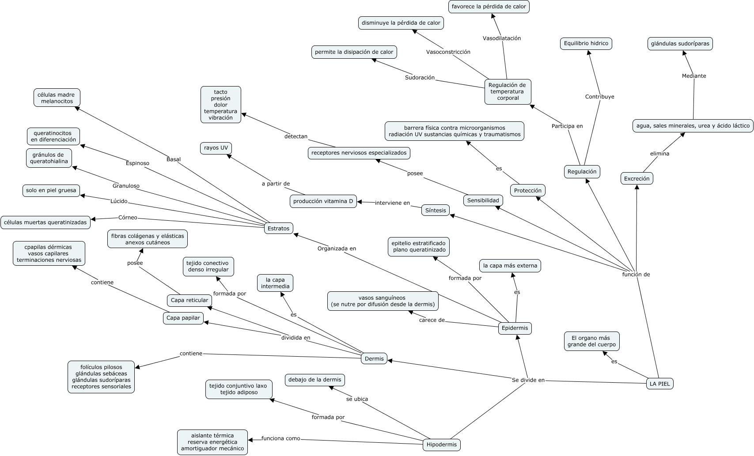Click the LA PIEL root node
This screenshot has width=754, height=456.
[x=659, y=384]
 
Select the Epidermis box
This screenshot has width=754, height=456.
[x=515, y=328]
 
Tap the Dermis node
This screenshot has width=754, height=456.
[x=374, y=359]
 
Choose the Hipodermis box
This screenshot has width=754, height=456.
[x=442, y=445]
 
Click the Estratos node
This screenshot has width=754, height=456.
[x=278, y=228]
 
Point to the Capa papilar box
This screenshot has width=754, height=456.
[x=183, y=318]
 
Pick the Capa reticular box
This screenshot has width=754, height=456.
[x=189, y=300]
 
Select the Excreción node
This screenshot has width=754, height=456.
[x=637, y=178]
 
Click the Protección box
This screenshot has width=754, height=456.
[x=528, y=190]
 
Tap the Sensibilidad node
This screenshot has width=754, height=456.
[x=483, y=200]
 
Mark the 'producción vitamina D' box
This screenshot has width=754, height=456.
[x=323, y=201]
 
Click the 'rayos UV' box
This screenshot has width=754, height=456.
[x=216, y=148]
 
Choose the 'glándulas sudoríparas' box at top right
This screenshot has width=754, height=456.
[x=680, y=44]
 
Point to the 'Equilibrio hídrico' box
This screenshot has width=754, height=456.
[x=586, y=43]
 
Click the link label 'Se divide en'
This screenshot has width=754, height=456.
[x=528, y=380]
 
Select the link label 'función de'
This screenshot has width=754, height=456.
[x=636, y=274]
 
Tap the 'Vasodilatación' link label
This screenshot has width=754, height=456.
[x=502, y=38]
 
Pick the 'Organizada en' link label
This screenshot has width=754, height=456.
[x=337, y=249]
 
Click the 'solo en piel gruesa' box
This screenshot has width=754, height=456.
[x=51, y=191]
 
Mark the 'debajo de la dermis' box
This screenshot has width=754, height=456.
[x=314, y=380]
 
